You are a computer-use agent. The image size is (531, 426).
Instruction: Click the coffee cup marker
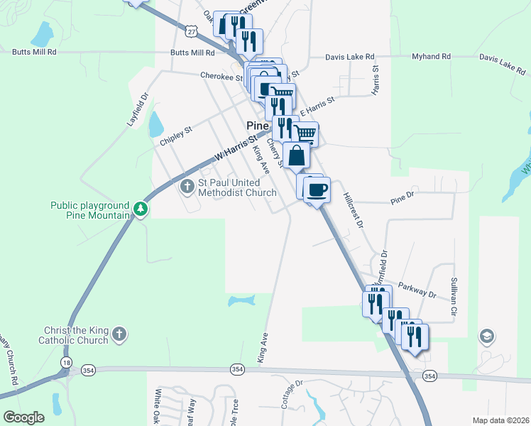pos(317,190)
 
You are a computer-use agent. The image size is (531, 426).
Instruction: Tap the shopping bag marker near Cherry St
pos(296,155)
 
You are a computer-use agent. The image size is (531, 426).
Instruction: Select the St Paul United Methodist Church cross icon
pos(187,187)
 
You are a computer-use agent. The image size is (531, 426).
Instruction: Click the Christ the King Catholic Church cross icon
pos(120,333)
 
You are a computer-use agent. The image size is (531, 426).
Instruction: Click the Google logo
pos(23,417)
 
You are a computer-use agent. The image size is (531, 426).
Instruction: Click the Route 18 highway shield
pos(66,362)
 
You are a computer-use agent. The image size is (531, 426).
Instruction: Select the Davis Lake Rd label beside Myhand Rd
pos(349,57)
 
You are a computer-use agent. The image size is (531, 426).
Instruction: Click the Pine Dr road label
pos(403,202)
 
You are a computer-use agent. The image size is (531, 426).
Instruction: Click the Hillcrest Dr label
pos(353,210)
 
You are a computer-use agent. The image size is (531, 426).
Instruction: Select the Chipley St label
pos(176,136)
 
